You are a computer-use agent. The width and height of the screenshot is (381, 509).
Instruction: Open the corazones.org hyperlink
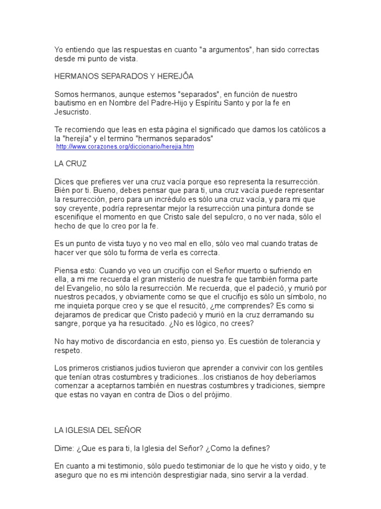125,147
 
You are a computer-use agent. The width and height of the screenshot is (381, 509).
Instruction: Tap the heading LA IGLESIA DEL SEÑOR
98,430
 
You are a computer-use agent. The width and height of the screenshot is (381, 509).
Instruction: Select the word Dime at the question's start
63,448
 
